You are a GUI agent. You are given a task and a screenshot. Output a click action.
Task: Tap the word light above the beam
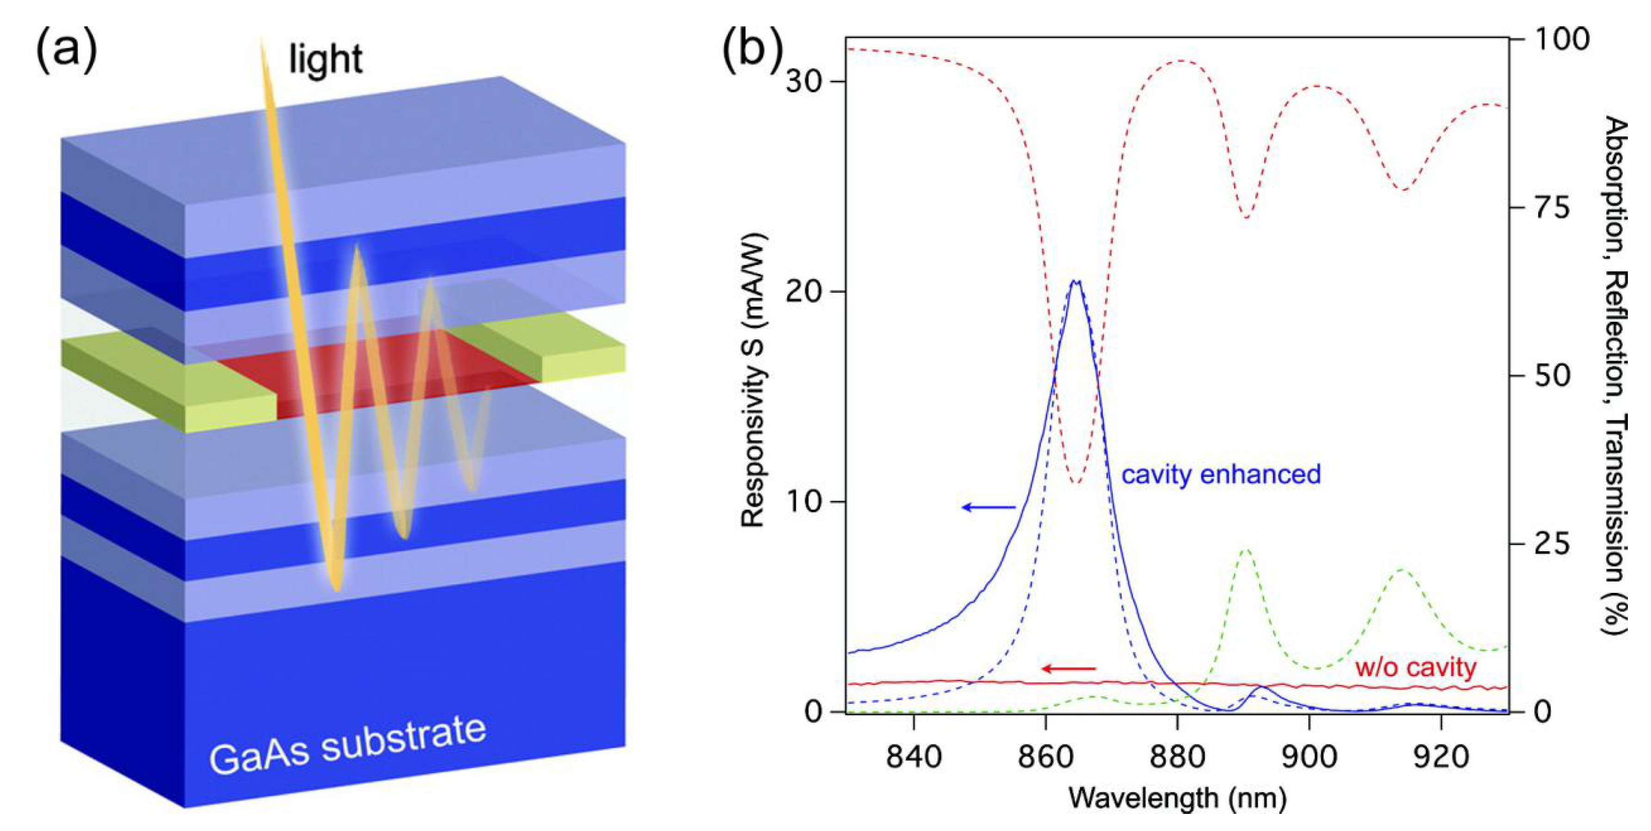tap(326, 60)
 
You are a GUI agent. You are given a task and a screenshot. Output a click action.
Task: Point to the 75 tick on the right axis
tap(1551, 208)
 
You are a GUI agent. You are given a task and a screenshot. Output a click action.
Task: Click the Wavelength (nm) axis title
tap(1177, 798)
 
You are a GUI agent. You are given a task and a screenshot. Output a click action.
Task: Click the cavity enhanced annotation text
tap(1221, 474)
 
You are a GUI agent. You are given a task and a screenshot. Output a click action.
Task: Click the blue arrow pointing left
tap(988, 507)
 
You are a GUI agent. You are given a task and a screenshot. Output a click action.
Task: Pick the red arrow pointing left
tap(1068, 669)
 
